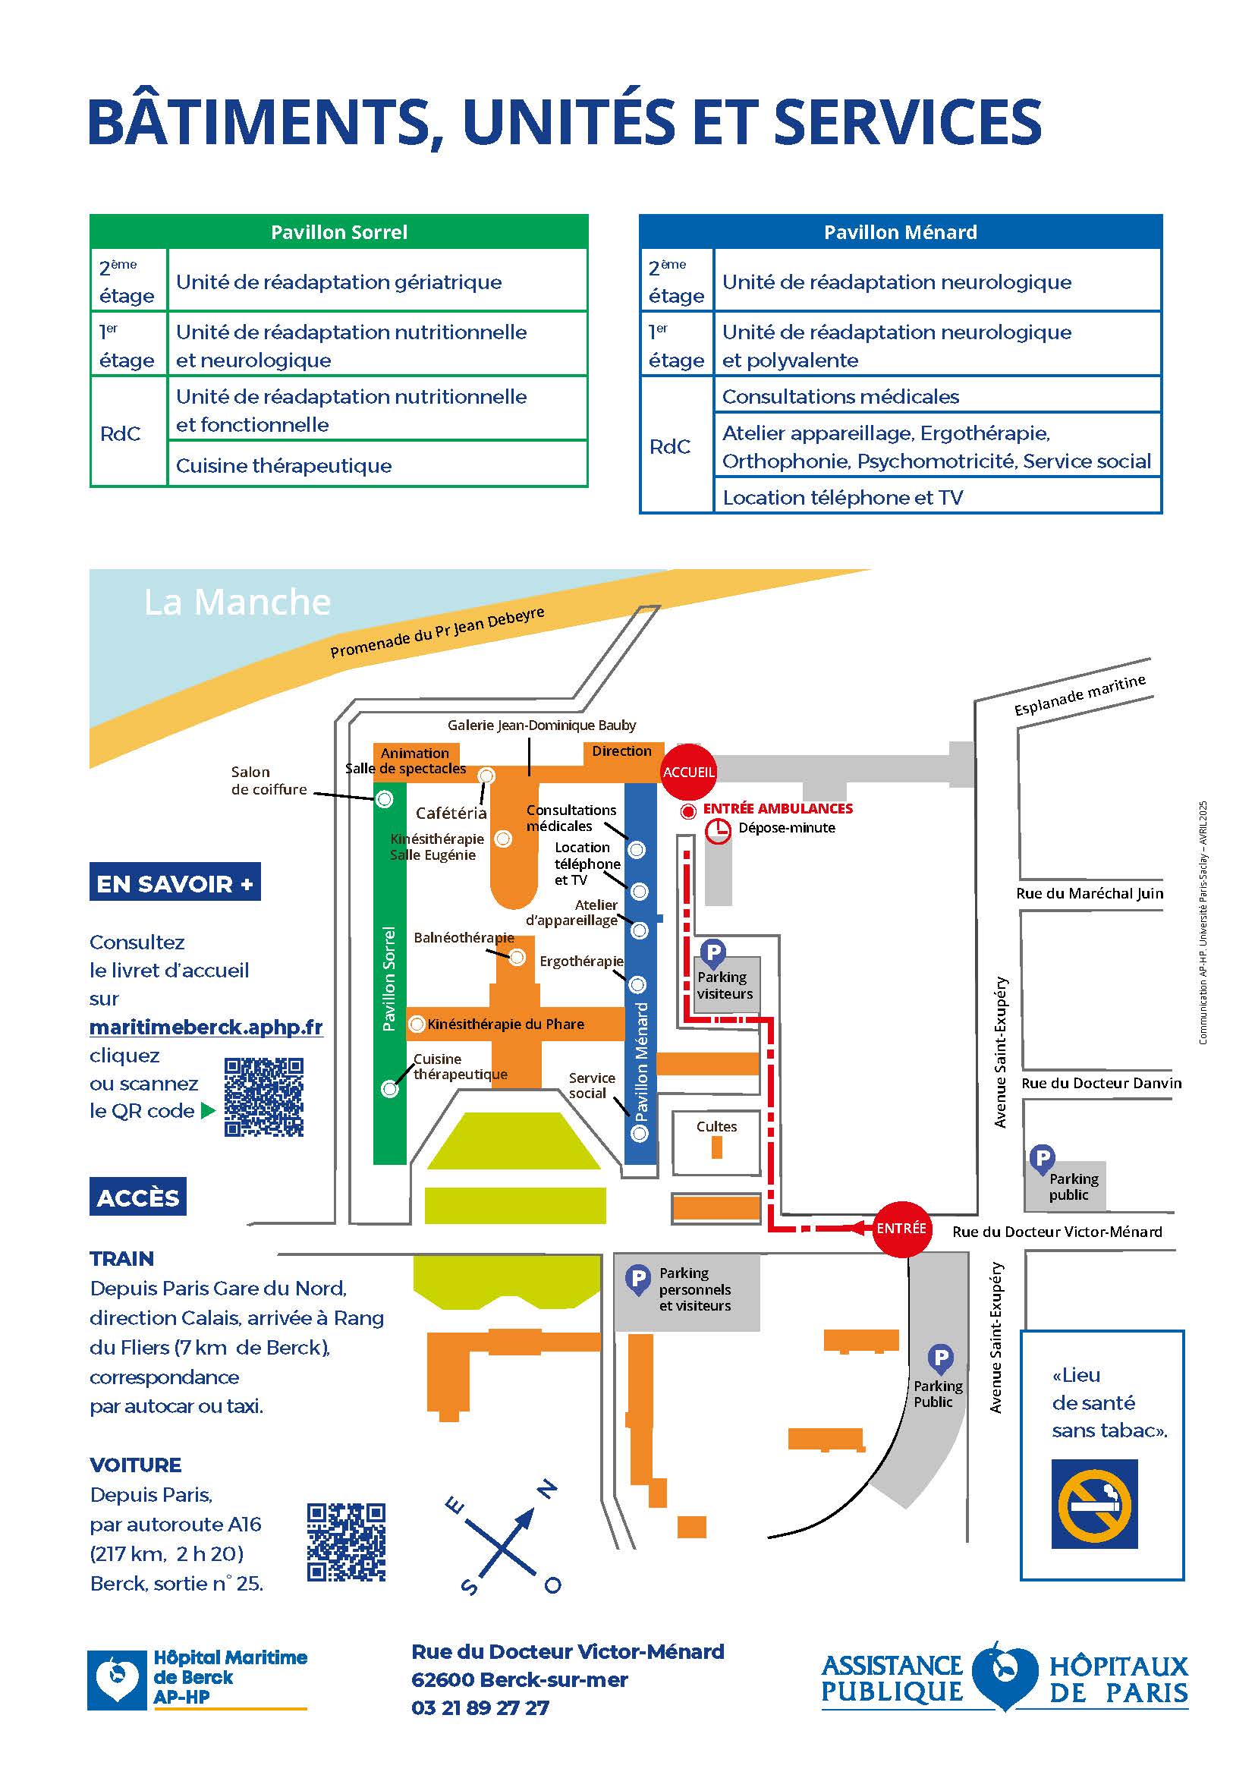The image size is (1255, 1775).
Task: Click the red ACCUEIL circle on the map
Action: pyautogui.click(x=687, y=772)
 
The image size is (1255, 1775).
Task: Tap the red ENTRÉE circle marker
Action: pyautogui.click(x=901, y=1228)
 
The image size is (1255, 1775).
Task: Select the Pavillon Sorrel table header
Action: pyautogui.click(x=338, y=232)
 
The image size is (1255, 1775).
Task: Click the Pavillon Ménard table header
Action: pyautogui.click(x=901, y=232)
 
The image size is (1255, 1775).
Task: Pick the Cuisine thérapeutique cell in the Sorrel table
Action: pyautogui.click(x=377, y=465)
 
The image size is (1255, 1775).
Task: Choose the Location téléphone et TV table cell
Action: pyautogui.click(x=936, y=497)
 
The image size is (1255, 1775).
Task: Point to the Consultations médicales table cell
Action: pyautogui.click(x=936, y=396)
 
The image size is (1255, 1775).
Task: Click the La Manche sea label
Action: pyautogui.click(x=237, y=603)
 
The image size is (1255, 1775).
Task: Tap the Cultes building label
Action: pyautogui.click(x=716, y=1126)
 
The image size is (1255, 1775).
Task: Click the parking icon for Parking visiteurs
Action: pyautogui.click(x=712, y=952)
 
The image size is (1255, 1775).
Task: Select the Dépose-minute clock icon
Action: pyautogui.click(x=718, y=831)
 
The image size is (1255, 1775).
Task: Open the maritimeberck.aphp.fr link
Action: pyautogui.click(x=206, y=1027)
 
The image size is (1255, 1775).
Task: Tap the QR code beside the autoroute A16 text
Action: pyautogui.click(x=345, y=1542)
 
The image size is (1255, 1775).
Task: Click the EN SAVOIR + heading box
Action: pyautogui.click(x=175, y=882)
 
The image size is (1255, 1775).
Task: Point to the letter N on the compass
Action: pyautogui.click(x=547, y=1489)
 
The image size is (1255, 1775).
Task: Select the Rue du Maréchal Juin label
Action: pyautogui.click(x=1090, y=893)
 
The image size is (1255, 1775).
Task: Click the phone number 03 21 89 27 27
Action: pyautogui.click(x=480, y=1707)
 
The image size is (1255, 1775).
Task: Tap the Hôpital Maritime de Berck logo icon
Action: pyautogui.click(x=116, y=1680)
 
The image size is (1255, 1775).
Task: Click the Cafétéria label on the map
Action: pyautogui.click(x=451, y=813)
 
